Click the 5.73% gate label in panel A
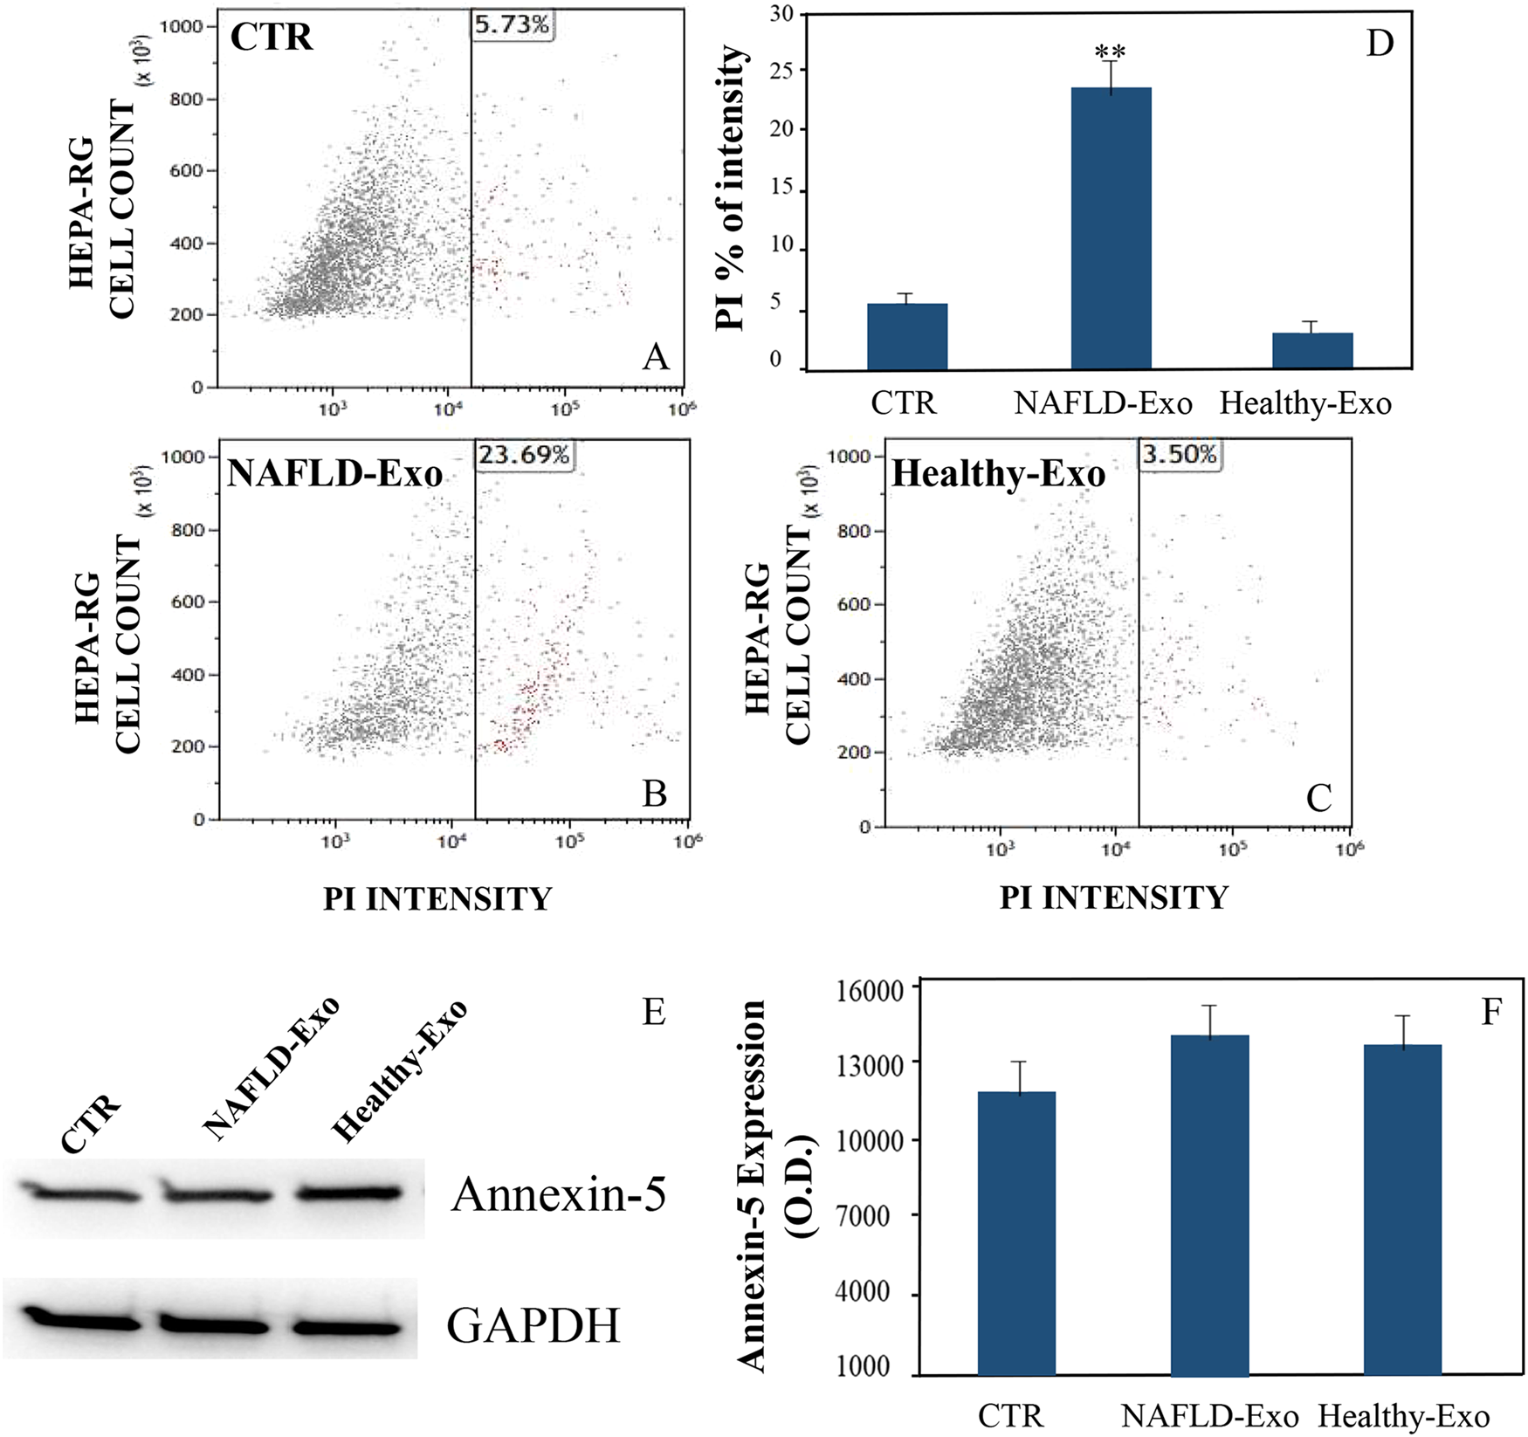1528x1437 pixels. point(513,24)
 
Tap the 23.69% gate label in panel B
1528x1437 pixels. point(524,455)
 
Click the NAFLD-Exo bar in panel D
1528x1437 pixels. point(1111,229)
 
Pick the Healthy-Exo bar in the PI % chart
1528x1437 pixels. point(1312,351)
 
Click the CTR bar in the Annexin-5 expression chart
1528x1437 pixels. point(1016,1233)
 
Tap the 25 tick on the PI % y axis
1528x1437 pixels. point(783,71)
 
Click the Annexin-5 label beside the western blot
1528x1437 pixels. point(559,1194)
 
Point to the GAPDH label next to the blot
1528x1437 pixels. point(533,1324)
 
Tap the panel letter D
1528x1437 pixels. point(1380,43)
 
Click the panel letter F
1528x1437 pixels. point(1491,1011)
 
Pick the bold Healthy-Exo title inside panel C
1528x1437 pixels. point(998,475)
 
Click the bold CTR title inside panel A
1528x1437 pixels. point(272,38)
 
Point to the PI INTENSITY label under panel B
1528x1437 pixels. point(437,898)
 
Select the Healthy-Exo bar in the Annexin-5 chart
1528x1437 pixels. point(1402,1209)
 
